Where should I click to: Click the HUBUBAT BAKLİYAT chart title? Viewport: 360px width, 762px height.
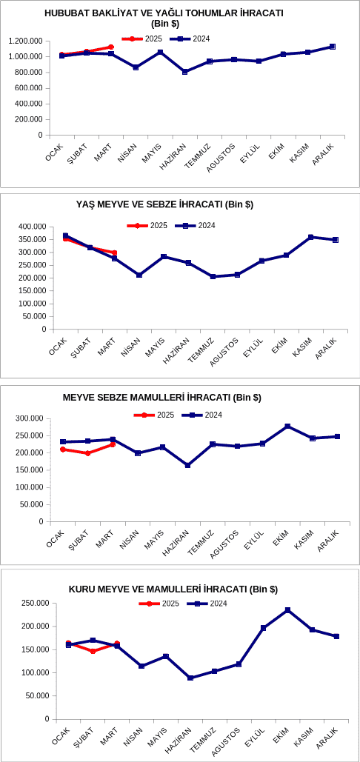coord(164,18)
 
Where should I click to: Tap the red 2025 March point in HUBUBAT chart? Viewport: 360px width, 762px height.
coord(111,47)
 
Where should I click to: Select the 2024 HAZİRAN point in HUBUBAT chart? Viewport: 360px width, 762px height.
coord(185,72)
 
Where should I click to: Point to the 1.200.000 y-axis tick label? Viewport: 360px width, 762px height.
coord(25,41)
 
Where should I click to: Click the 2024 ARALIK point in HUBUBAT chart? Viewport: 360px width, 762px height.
coord(333,47)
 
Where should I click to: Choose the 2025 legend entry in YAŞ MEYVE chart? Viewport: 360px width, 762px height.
coord(147,225)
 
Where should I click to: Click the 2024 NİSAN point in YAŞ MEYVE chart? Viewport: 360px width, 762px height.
coord(139,275)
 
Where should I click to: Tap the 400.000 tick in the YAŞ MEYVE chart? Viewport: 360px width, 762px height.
coord(32,227)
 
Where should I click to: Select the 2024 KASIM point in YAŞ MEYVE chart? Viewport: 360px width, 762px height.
coord(311,237)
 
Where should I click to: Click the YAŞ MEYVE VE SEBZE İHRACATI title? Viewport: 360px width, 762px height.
coord(164,204)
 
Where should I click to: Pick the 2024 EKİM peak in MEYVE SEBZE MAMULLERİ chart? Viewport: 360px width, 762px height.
coord(287,427)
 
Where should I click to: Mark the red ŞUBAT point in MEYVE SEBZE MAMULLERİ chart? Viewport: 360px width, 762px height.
coord(88,453)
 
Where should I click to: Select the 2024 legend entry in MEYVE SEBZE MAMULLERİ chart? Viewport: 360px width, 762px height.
coord(202,415)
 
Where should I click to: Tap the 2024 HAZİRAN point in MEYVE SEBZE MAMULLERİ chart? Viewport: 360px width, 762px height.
coord(187,466)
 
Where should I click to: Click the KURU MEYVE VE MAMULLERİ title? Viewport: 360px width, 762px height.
coord(173,589)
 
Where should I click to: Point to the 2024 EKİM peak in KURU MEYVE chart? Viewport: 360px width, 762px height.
coord(287,610)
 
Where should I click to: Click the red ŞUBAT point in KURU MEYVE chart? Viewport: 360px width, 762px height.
coord(93,651)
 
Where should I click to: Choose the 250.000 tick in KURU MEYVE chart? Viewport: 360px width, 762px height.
coord(36,603)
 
